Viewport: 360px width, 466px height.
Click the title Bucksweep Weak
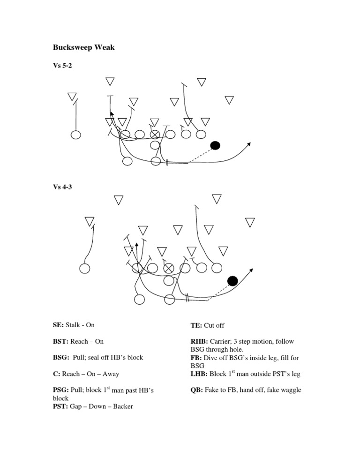coord(83,48)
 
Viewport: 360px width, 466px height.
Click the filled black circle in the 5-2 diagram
coord(215,145)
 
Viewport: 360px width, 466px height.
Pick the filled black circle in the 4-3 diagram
coord(232,281)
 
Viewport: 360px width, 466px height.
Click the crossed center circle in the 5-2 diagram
coord(155,135)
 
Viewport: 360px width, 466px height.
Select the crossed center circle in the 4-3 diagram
coord(169,268)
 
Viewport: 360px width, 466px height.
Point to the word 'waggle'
coord(289,390)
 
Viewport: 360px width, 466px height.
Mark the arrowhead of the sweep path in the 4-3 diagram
coord(252,271)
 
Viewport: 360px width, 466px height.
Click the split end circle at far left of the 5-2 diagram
coord(76,135)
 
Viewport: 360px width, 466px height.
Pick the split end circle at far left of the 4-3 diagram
coord(85,269)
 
